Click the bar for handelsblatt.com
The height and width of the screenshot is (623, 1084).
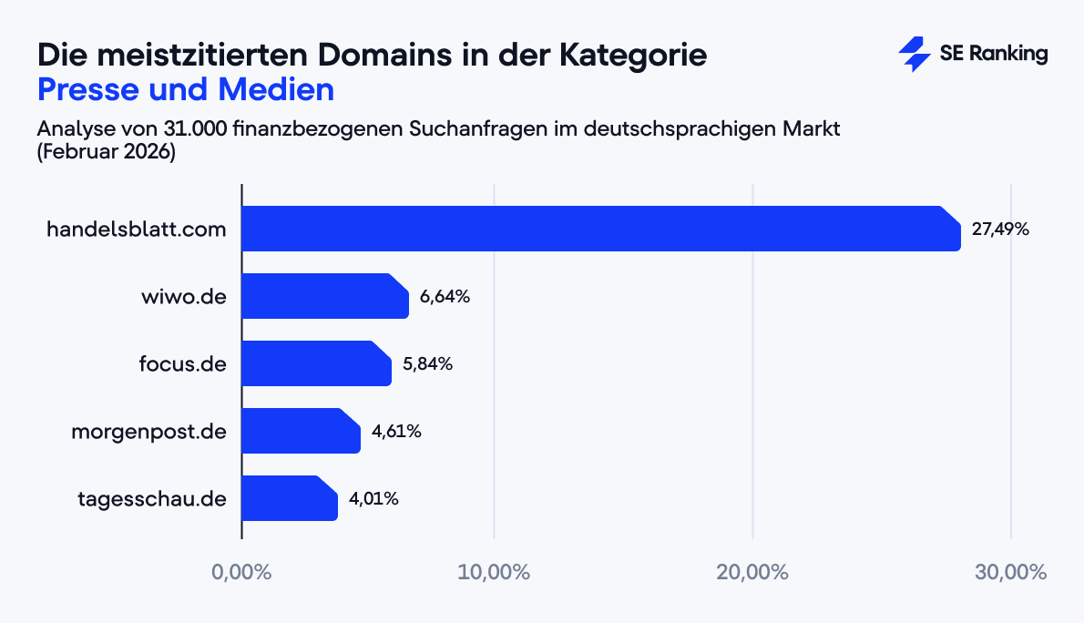601,229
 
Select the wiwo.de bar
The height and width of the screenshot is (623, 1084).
325,296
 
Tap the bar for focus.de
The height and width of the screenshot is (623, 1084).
316,363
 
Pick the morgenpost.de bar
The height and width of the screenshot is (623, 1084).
301,431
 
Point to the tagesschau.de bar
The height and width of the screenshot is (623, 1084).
290,498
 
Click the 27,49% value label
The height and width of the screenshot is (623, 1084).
1000,230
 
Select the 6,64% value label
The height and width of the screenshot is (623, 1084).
445,297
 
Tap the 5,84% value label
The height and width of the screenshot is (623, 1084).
427,364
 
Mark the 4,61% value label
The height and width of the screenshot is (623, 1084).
396,432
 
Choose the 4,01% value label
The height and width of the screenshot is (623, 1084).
373,499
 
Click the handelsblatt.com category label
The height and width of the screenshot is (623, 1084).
137,230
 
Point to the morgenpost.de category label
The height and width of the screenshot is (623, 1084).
149,432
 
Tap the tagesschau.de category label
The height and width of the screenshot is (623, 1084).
153,499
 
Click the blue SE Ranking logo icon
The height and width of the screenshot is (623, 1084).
914,55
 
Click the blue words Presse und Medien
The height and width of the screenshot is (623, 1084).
186,90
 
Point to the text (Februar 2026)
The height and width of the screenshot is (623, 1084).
106,152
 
